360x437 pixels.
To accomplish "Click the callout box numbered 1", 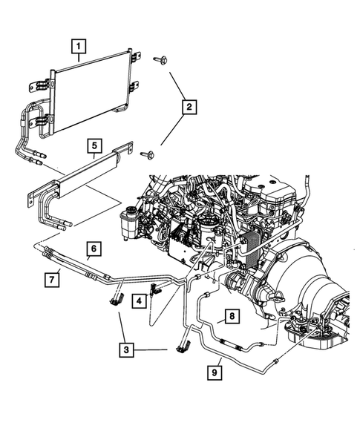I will tap(78, 46).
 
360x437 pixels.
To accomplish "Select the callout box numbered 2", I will tap(189, 108).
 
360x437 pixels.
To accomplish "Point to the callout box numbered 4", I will tap(138, 300).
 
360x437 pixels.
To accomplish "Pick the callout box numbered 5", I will tap(94, 145).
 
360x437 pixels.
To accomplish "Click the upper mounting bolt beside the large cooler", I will tap(160, 59).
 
